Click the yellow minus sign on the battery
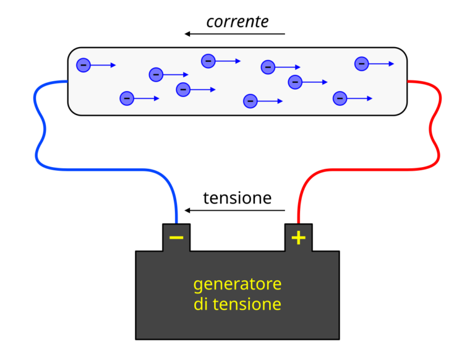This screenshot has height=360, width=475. coord(176,238)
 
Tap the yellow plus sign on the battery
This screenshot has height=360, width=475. coord(299,238)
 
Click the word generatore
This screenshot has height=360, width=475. coord(237,284)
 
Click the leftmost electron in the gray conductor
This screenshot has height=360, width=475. coord(83,65)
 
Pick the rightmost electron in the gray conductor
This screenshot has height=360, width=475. coord(362,64)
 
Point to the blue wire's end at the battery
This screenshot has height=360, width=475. coord(177,221)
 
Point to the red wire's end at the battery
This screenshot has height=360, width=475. coord(298,221)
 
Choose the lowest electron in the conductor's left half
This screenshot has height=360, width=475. coord(127,98)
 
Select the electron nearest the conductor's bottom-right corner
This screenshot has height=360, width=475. coord(340,98)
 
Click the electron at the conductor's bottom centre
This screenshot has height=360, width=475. coord(250,101)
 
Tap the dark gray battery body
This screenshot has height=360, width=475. coord(237,322)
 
